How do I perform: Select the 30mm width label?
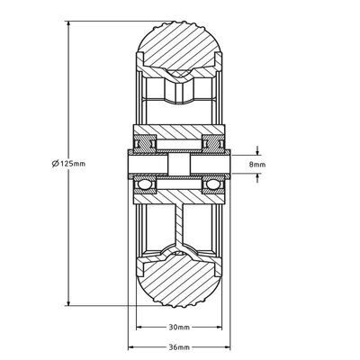coord(177,328)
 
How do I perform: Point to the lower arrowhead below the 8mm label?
coord(258,178)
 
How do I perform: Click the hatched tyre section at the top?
coord(177,45)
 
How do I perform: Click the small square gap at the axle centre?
coord(179,164)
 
